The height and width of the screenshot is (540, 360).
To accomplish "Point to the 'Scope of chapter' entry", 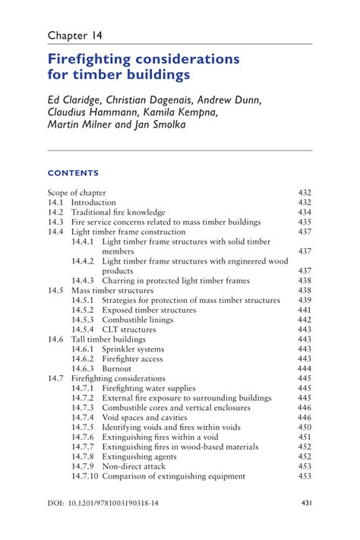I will coord(77,193).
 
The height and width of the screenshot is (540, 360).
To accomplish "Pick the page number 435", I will coord(305,223).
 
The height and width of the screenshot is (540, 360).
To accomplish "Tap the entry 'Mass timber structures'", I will coord(112,290).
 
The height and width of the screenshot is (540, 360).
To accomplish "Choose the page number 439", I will coord(305,300).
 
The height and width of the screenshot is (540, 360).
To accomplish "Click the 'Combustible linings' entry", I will coord(138,320).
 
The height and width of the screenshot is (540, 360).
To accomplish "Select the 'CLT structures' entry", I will coord(128,330).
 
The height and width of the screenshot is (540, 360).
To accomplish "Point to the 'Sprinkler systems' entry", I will coord(135,349).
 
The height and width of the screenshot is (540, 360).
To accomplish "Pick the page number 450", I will coord(305,427).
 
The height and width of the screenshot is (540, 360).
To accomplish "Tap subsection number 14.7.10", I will coord(84,476).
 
